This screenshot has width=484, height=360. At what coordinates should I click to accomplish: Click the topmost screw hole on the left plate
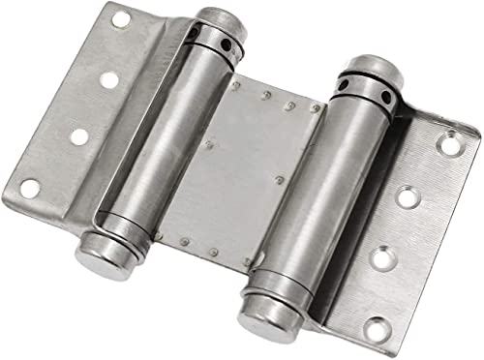[120, 18]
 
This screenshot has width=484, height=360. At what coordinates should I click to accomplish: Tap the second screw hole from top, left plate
[109, 79]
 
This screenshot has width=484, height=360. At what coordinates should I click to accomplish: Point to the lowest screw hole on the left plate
[30, 188]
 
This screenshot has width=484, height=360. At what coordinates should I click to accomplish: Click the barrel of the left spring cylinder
[165, 145]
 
